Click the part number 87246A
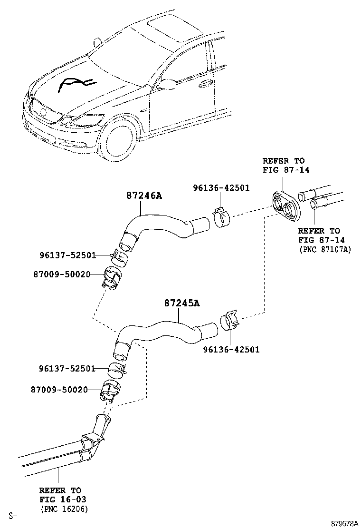143,195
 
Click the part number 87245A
182,303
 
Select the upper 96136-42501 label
221,188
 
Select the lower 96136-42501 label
231,350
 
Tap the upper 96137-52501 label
67,255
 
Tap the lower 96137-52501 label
67,368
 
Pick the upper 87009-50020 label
62,274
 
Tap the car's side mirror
167,84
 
